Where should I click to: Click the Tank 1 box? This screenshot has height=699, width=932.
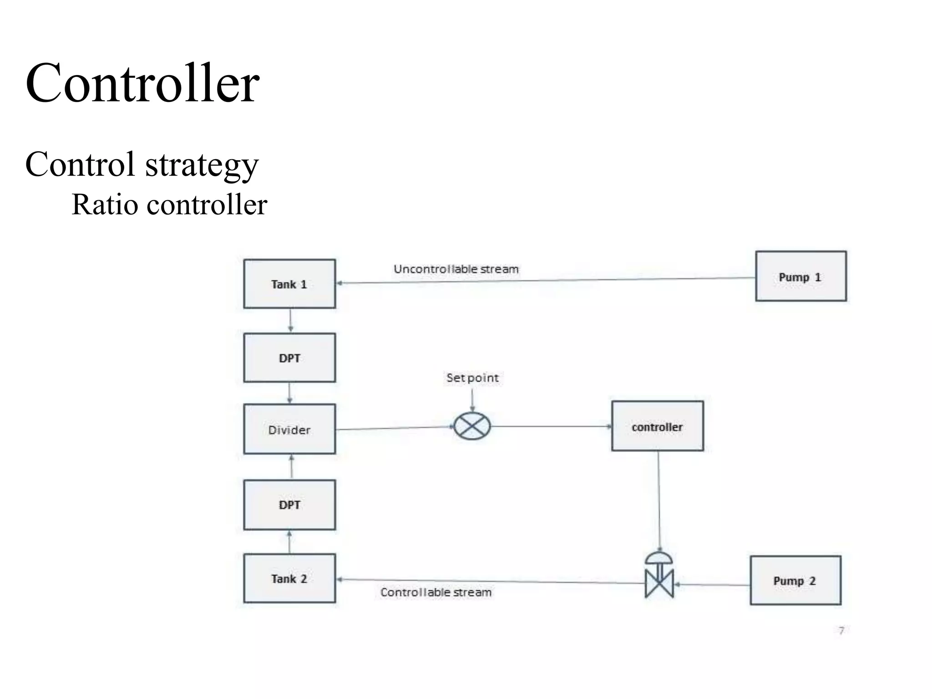pyautogui.click(x=289, y=284)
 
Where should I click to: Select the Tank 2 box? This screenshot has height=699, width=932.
pyautogui.click(x=289, y=578)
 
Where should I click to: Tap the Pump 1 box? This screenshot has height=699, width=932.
pyautogui.click(x=801, y=276)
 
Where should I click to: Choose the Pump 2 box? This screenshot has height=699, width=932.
pyautogui.click(x=795, y=580)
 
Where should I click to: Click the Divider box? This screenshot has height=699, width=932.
pyautogui.click(x=289, y=429)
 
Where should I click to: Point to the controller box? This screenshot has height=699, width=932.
pyautogui.click(x=657, y=426)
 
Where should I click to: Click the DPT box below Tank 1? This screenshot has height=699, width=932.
pyautogui.click(x=289, y=358)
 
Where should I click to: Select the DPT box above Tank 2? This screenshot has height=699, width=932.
pyautogui.click(x=289, y=505)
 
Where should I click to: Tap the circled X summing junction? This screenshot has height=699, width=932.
pyautogui.click(x=472, y=426)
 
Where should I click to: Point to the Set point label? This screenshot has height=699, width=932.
pyautogui.click(x=472, y=378)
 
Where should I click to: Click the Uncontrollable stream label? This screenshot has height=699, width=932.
pyautogui.click(x=456, y=269)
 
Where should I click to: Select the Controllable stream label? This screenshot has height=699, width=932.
pyautogui.click(x=436, y=592)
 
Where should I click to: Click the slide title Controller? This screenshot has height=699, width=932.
pyautogui.click(x=142, y=83)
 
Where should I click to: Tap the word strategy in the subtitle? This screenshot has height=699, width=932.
pyautogui.click(x=202, y=165)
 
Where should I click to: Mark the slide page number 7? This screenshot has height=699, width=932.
pyautogui.click(x=841, y=630)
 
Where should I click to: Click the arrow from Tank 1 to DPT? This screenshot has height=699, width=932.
pyautogui.click(x=290, y=321)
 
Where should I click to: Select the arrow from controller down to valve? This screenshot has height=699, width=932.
pyautogui.click(x=659, y=501)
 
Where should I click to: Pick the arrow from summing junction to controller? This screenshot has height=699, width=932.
pyautogui.click(x=551, y=426)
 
